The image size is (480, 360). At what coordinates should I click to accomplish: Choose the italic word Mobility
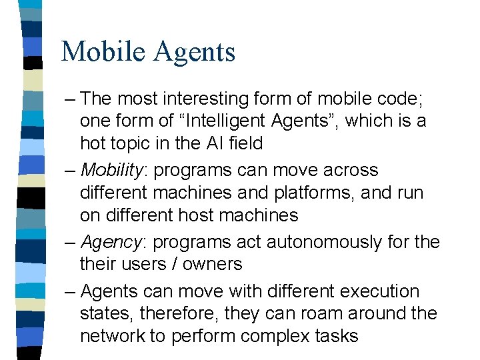coord(111,171)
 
